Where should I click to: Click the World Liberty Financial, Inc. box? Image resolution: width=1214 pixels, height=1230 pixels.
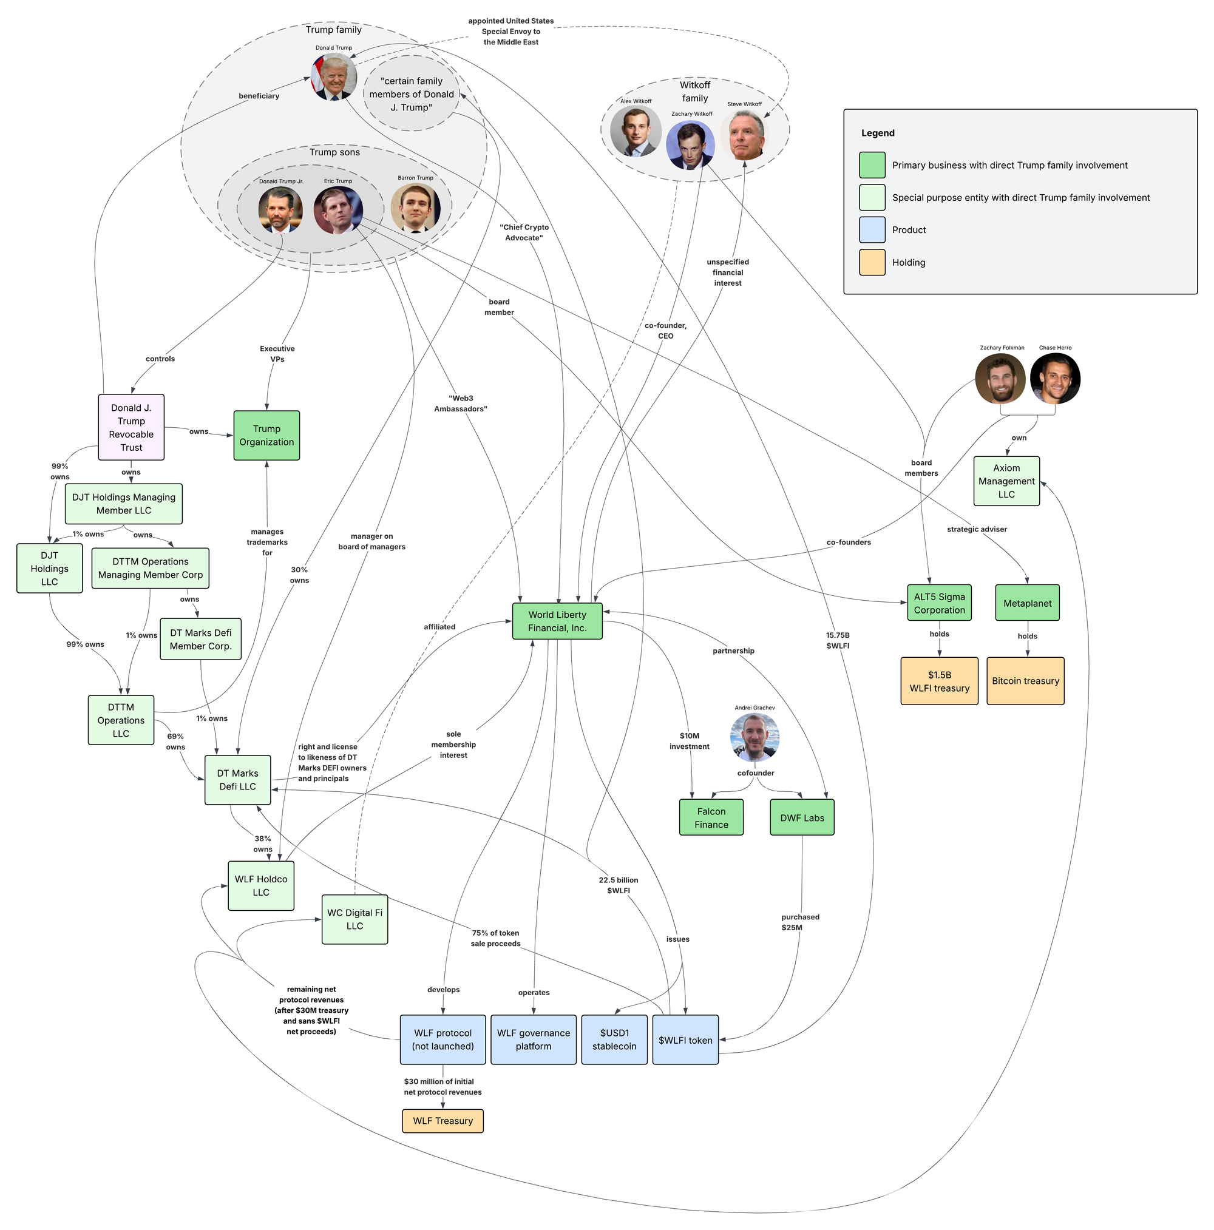(x=557, y=621)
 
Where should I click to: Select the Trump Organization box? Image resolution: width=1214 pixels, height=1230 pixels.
(x=266, y=435)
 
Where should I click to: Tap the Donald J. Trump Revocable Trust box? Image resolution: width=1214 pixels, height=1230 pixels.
(x=131, y=427)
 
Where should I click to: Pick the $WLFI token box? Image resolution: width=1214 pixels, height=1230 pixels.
(x=685, y=1039)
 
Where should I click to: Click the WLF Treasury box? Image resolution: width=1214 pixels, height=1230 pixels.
(x=443, y=1121)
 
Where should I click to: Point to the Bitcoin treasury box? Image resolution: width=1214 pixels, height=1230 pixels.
(x=1025, y=681)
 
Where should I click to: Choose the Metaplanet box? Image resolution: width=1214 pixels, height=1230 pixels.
(x=1027, y=603)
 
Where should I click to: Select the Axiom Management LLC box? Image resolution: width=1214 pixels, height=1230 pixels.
(x=1006, y=481)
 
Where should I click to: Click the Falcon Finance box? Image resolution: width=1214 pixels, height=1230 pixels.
(x=711, y=817)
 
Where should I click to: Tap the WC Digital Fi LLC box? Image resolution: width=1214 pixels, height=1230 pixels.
(x=354, y=919)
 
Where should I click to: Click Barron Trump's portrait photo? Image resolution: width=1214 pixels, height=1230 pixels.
(x=415, y=208)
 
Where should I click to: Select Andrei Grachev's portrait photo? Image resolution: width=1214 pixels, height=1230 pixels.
(x=755, y=737)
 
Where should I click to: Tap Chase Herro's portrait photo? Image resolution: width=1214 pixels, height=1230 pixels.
(x=1055, y=379)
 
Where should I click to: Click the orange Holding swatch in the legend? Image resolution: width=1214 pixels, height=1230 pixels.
(x=872, y=262)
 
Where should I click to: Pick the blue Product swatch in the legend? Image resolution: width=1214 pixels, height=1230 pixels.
(x=872, y=230)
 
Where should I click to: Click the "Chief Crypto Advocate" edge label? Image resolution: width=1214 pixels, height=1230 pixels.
(x=524, y=232)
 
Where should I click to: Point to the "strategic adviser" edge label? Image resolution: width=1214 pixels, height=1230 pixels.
(x=977, y=529)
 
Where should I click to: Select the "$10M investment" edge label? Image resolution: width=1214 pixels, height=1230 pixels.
(x=689, y=741)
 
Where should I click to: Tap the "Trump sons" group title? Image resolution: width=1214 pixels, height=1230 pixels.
(x=334, y=152)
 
